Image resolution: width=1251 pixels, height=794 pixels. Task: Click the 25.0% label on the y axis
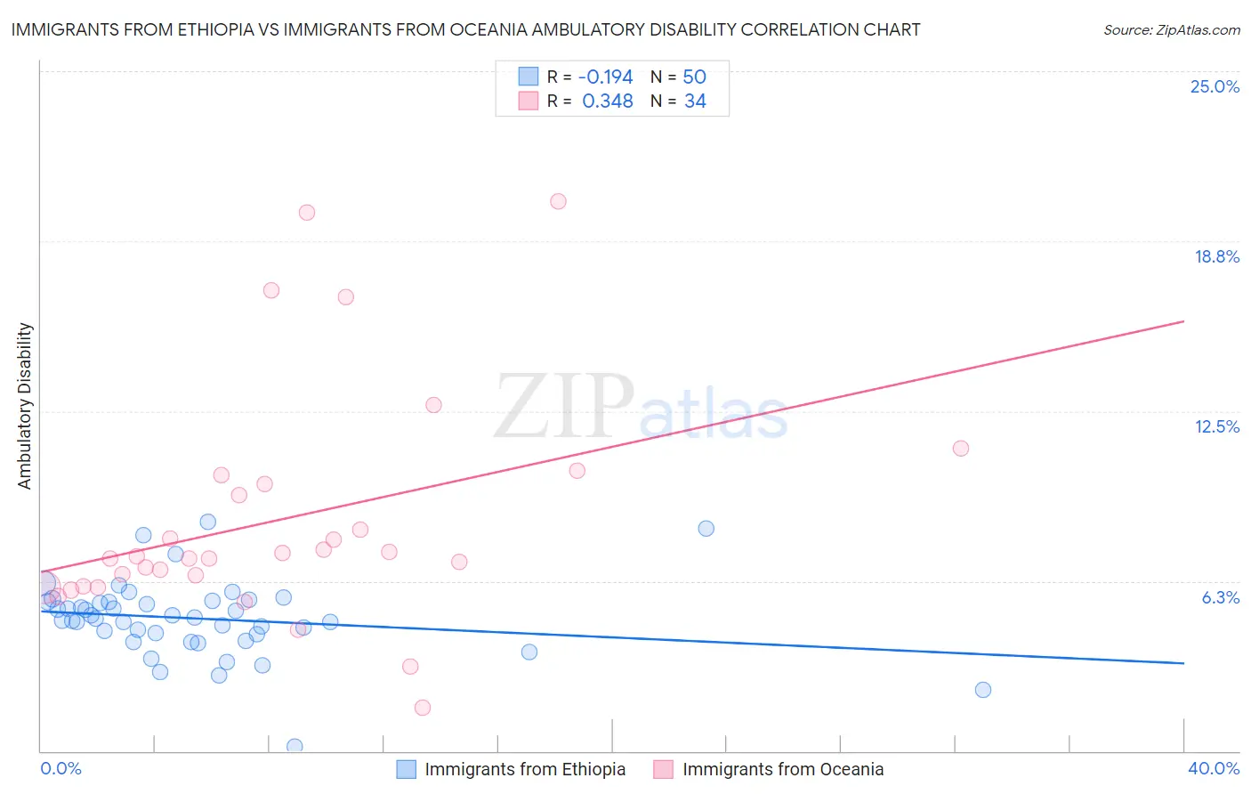point(1215,86)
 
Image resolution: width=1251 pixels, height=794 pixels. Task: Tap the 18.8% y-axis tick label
point(1216,256)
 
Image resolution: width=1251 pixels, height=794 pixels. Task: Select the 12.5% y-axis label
point(1216,426)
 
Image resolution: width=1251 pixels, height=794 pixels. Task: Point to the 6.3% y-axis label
point(1220,597)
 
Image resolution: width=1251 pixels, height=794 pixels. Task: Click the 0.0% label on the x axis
point(61,768)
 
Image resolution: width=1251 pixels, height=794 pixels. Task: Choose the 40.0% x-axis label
point(1213,768)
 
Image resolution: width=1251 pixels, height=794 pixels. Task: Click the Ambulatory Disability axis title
point(25,406)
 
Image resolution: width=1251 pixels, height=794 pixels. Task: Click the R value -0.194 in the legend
point(605,77)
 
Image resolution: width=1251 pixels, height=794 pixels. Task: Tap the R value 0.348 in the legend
point(607,101)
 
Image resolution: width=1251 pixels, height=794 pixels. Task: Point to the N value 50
point(694,77)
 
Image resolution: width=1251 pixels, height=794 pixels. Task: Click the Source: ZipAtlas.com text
point(1171,30)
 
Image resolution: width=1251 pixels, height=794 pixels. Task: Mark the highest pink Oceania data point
point(558,201)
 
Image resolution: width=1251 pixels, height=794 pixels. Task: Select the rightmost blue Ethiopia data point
point(982,690)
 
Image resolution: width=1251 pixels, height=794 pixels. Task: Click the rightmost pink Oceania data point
point(960,449)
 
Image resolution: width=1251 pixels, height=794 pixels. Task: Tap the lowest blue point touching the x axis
point(295,746)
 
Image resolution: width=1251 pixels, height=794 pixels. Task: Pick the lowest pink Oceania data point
point(423,708)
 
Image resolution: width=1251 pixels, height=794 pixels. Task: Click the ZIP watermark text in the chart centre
point(564,407)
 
